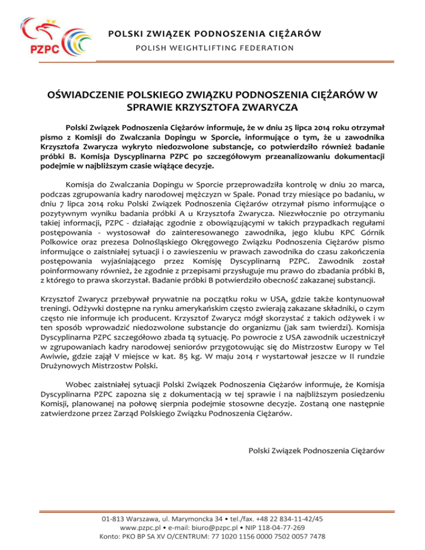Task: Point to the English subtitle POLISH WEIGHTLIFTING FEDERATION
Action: [x=216, y=48]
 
